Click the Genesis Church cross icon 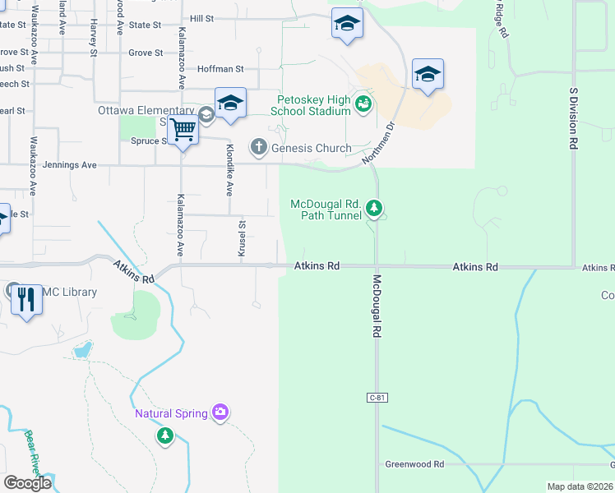click(x=258, y=148)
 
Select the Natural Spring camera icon click(x=220, y=412)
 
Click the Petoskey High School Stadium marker click(x=363, y=104)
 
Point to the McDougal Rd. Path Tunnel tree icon click(x=375, y=209)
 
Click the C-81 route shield click(x=377, y=398)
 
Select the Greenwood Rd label click(x=414, y=464)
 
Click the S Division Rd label click(x=571, y=119)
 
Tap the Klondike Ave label click(x=230, y=170)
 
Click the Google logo click(x=28, y=483)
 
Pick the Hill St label click(x=201, y=18)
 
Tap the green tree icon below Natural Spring click(x=165, y=434)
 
